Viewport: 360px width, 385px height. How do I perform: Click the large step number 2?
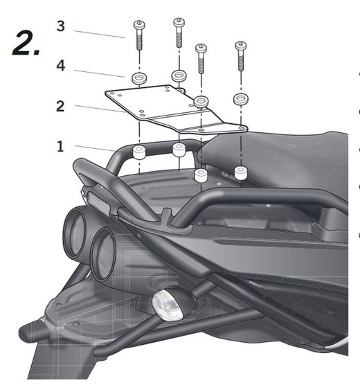click(x=26, y=42)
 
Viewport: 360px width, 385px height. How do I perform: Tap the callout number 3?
click(x=60, y=26)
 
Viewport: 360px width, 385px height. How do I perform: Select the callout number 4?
click(x=61, y=66)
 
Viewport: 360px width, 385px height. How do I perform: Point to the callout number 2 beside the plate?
click(x=60, y=106)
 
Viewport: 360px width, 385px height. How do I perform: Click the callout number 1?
click(x=60, y=147)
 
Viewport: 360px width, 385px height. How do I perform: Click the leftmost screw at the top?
click(x=139, y=35)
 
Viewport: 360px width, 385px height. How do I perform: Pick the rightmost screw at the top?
click(x=241, y=55)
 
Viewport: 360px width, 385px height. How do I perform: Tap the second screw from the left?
click(x=179, y=33)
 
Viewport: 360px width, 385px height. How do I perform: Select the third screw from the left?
click(x=201, y=58)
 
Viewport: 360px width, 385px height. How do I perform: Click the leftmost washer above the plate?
click(x=139, y=78)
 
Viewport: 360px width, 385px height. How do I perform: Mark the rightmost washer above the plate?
click(x=241, y=99)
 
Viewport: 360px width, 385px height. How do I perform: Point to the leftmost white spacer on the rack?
click(x=139, y=152)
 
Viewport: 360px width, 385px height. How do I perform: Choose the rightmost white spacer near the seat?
click(x=241, y=173)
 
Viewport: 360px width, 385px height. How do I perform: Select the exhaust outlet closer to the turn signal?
click(x=103, y=255)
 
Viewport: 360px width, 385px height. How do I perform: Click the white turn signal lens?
click(x=168, y=305)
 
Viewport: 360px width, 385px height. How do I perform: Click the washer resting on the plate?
click(x=201, y=101)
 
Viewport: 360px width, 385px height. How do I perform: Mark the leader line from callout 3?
click(x=99, y=35)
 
